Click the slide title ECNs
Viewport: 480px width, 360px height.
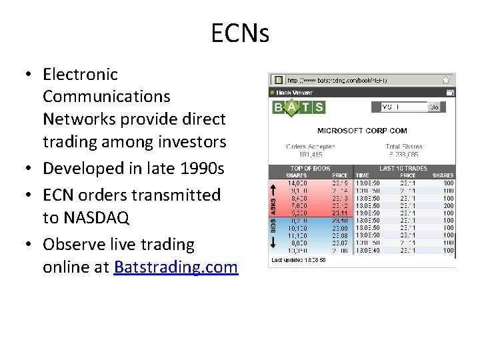click(240, 33)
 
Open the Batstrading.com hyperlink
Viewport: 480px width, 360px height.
click(176, 267)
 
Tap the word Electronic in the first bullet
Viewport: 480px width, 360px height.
click(80, 74)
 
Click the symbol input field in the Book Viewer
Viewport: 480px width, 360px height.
click(403, 107)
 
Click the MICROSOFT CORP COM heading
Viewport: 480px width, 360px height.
click(362, 131)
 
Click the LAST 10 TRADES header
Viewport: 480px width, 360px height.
click(403, 169)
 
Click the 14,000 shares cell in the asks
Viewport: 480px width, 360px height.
click(297, 183)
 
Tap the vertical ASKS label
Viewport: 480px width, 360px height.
click(273, 201)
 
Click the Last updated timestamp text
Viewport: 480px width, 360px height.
click(298, 259)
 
